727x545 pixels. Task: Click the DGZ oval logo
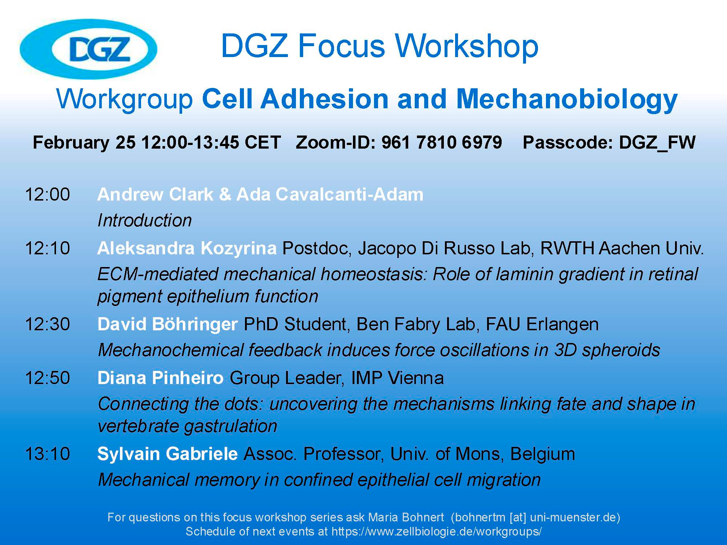pos(88,49)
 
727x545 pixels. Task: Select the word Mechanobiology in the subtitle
pos(567,100)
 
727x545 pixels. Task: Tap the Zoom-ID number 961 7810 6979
pos(441,142)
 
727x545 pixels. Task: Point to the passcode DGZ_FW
pos(657,142)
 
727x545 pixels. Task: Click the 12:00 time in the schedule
pos(47,195)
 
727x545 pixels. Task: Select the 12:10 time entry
pos(47,249)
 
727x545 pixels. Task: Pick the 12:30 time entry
pos(47,324)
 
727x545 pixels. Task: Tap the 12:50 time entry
pos(47,378)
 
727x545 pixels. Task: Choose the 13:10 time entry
pos(47,454)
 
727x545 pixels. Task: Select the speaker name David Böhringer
pos(168,324)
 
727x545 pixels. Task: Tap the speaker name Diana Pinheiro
pos(160,378)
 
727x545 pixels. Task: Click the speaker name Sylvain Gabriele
pos(168,454)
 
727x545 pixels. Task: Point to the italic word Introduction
pos(145,221)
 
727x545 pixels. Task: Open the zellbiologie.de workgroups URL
pos(437,532)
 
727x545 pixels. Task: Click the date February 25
pos(84,142)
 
